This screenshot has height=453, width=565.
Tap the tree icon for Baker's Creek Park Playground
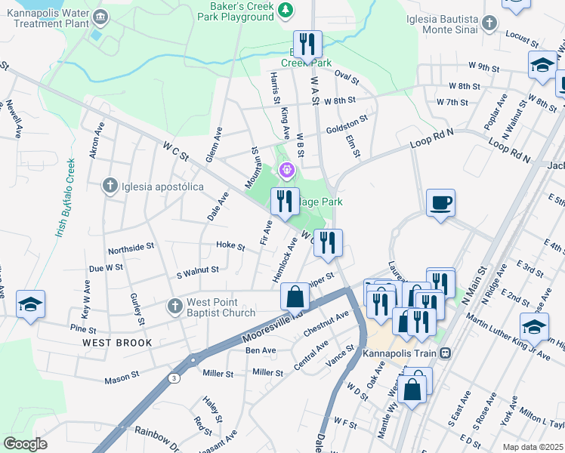pos(286,10)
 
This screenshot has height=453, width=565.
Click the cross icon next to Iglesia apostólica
pos(110,184)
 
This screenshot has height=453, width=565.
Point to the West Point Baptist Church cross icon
pos(174,306)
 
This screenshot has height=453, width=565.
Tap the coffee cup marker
pos(440,202)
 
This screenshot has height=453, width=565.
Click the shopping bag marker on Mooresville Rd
pos(294,296)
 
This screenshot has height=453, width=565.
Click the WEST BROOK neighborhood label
pos(117,343)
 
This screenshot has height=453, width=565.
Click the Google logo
pos(26,443)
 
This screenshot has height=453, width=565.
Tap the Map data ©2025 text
pos(533,447)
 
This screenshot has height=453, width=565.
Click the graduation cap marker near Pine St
pos(31,304)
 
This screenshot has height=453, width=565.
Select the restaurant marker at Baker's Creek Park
pos(307,45)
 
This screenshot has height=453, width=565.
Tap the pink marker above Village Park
pos(286,171)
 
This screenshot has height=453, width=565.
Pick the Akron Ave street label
pos(95,142)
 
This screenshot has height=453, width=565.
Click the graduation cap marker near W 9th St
pos(542,66)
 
